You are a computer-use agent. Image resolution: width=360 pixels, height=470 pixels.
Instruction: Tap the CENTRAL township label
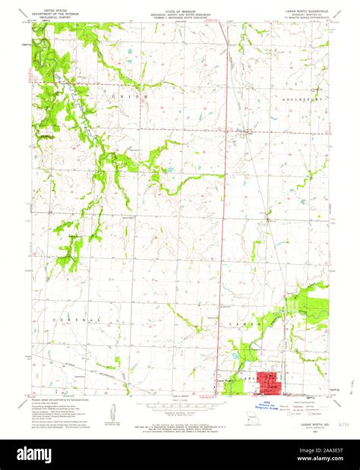tap(74, 320)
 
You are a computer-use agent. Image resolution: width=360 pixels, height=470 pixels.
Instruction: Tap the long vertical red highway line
tap(225, 190)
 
